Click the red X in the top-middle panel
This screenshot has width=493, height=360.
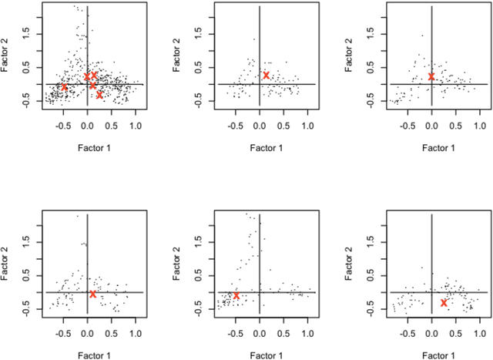[x=266, y=76]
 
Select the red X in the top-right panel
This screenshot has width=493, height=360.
[x=431, y=76]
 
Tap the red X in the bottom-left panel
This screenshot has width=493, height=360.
[x=93, y=294]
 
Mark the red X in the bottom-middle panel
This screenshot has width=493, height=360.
[x=236, y=295]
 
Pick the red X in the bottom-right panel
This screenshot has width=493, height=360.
[x=444, y=303]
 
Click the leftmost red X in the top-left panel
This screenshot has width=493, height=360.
[x=64, y=87]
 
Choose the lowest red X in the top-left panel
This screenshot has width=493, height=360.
[x=99, y=95]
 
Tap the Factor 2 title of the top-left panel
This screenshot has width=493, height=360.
[x=6, y=56]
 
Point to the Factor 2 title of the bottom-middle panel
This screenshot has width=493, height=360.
[x=179, y=264]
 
